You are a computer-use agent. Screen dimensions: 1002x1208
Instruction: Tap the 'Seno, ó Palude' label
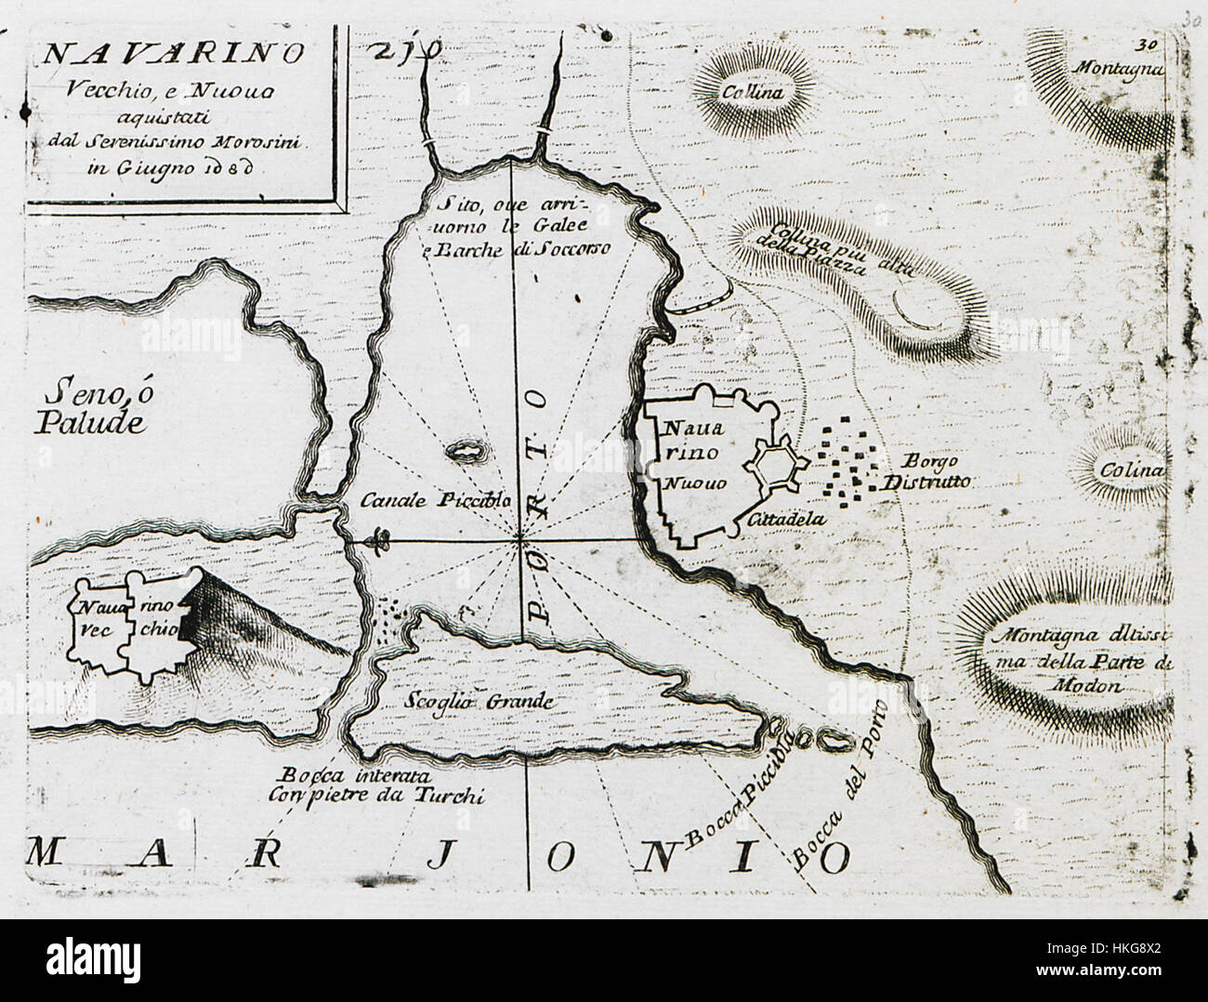(91, 406)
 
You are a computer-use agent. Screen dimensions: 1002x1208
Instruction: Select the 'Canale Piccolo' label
(434, 499)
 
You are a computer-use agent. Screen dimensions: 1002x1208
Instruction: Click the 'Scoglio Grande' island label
(479, 702)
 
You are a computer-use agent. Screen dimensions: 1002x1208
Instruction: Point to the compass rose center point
(520, 539)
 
